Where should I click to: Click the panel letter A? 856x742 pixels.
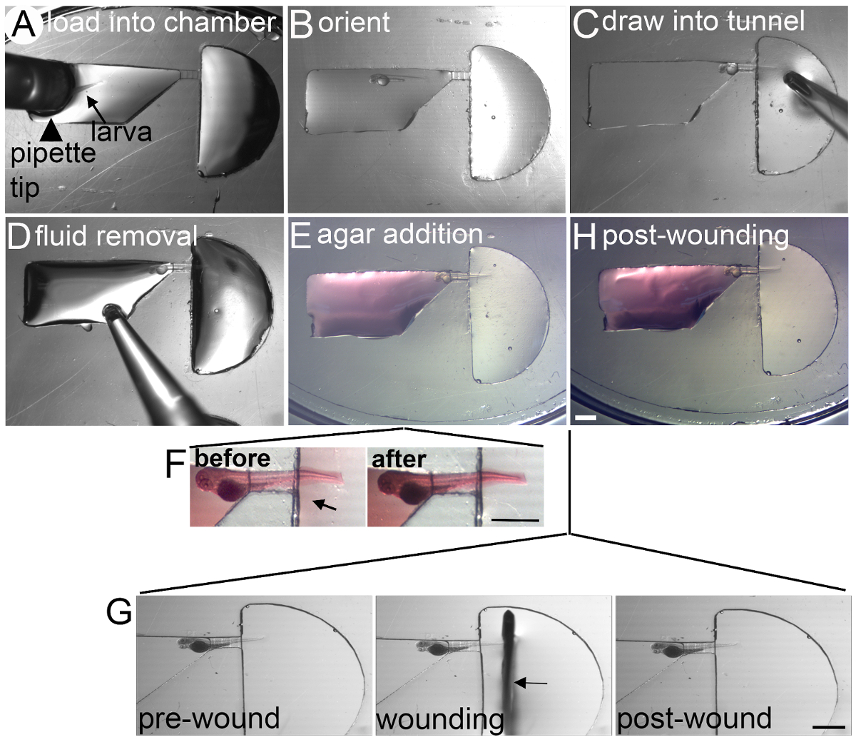[21, 26]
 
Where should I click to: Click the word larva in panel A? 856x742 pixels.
[121, 131]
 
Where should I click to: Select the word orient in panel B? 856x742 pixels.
[354, 24]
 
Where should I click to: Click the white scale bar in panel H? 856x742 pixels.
[585, 416]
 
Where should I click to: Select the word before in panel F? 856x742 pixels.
[233, 458]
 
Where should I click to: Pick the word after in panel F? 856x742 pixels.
[399, 459]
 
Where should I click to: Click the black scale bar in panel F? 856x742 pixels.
[514, 520]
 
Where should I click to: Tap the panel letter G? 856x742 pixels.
[118, 611]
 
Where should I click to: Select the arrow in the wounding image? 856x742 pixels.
[531, 683]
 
